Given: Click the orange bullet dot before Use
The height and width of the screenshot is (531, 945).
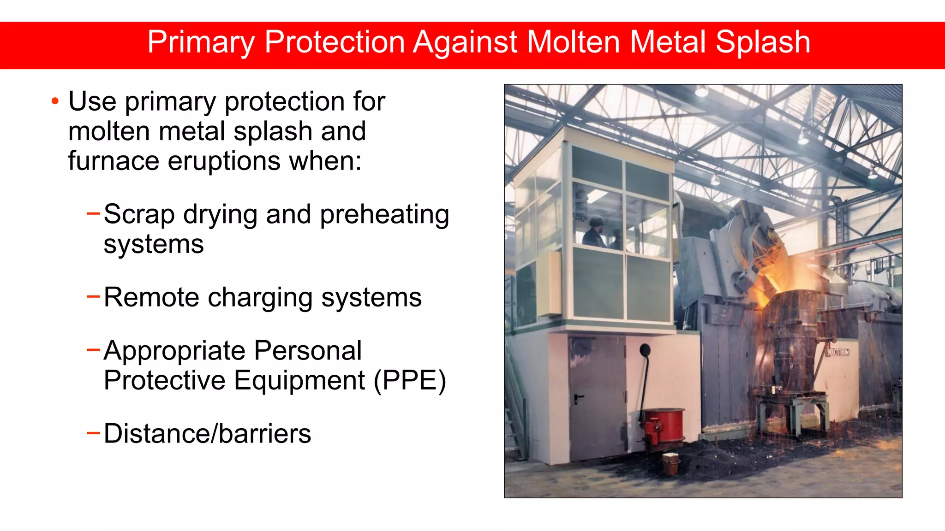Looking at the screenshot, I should [x=55, y=101].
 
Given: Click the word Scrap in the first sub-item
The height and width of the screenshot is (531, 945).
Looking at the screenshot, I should [x=139, y=215].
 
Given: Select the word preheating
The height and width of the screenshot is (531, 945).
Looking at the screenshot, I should [x=384, y=215].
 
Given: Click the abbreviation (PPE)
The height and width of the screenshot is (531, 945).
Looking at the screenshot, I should [x=410, y=381].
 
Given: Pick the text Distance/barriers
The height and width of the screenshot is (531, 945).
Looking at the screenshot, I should [x=207, y=434].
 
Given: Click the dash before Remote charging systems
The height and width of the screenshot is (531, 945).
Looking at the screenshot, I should [x=93, y=296].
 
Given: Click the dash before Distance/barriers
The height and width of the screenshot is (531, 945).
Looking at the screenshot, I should [x=93, y=433].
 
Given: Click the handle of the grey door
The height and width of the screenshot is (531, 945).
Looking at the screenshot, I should [x=578, y=398].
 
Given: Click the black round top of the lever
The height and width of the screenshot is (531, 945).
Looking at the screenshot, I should [x=645, y=350].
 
